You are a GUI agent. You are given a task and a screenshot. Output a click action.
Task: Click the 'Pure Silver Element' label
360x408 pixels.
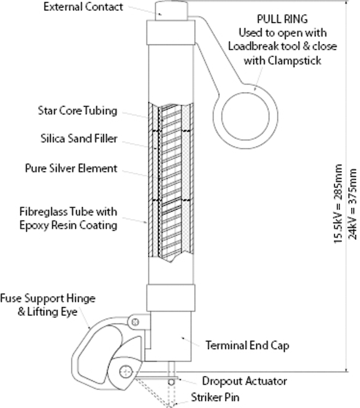pos(79,169)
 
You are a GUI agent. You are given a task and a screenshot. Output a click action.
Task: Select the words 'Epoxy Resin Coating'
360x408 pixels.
pos(79,224)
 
